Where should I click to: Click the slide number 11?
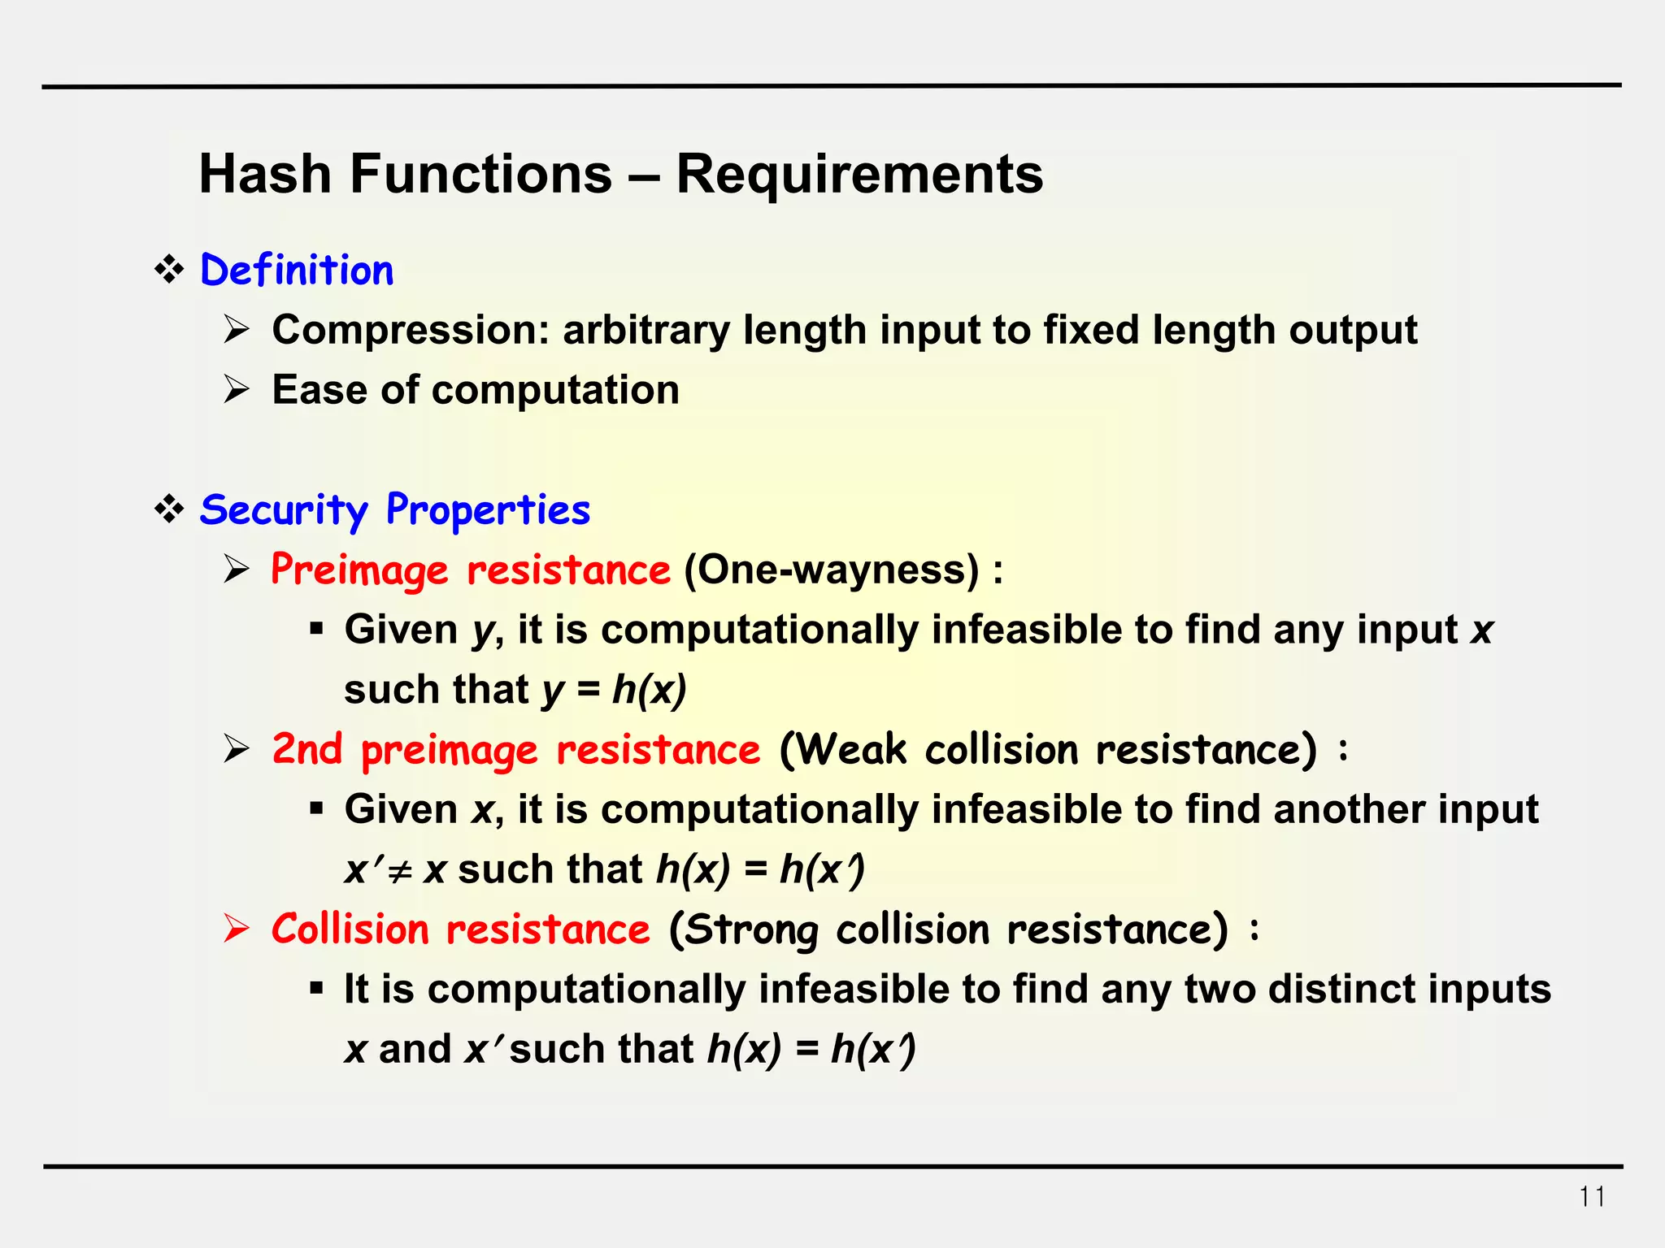pos(1592,1197)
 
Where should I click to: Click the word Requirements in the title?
pos(859,174)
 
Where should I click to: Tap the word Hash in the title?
pos(265,174)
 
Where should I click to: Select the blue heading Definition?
pos(297,271)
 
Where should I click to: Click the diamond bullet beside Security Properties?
pos(169,509)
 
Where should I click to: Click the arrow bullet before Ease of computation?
pos(237,390)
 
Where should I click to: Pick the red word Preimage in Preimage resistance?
pos(359,570)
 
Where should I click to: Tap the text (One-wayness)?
pos(831,570)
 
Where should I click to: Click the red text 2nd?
pos(306,749)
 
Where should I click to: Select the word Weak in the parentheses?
pos(852,749)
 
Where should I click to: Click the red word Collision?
pos(350,929)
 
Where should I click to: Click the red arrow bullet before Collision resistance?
pos(237,929)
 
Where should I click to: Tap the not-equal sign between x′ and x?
pos(398,871)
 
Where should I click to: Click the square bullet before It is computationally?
pos(316,989)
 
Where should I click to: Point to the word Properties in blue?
pos(488,510)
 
